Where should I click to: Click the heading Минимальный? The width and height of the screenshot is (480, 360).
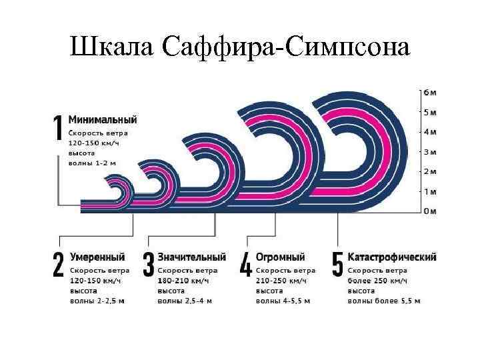point(104,120)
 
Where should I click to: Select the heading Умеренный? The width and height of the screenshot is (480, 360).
point(98,257)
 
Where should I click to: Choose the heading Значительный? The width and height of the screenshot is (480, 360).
point(191,257)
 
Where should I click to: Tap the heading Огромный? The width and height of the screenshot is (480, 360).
point(281,257)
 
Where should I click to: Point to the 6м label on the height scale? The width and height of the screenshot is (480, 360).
point(431,92)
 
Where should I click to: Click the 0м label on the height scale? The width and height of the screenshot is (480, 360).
point(431,211)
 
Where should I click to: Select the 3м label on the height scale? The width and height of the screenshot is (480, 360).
point(431,152)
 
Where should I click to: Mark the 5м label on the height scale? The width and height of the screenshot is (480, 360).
point(431,112)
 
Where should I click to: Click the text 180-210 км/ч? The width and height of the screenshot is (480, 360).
point(183,281)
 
